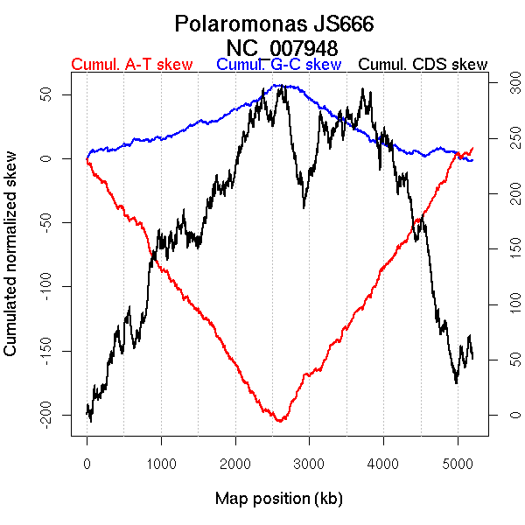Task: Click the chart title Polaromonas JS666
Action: [x=275, y=24]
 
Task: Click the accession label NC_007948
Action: [x=282, y=46]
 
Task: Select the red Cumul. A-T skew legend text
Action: [x=131, y=65]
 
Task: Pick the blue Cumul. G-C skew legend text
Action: [x=278, y=65]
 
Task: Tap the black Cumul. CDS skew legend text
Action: [x=423, y=65]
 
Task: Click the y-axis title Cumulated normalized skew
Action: [x=11, y=263]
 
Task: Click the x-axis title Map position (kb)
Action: [x=278, y=499]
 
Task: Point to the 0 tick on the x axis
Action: [x=87, y=463]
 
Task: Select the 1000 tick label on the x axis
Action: [x=161, y=463]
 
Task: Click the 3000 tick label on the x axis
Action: [x=310, y=463]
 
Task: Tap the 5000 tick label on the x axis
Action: [x=458, y=463]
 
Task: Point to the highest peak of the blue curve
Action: [x=278, y=86]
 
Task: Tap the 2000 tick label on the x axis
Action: [x=235, y=463]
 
